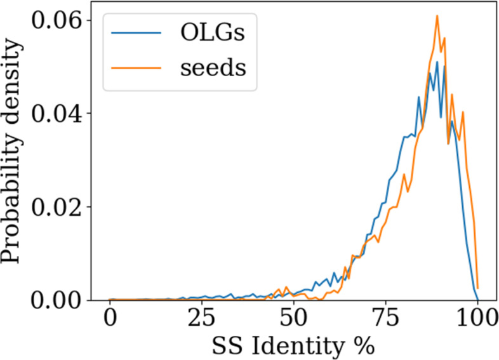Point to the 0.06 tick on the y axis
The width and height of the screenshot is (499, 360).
62,20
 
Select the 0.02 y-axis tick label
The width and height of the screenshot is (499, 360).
62,207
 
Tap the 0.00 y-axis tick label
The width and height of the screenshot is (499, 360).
62,300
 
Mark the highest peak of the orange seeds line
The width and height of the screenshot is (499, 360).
437,15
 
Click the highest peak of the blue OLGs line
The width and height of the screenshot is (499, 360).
437,62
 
